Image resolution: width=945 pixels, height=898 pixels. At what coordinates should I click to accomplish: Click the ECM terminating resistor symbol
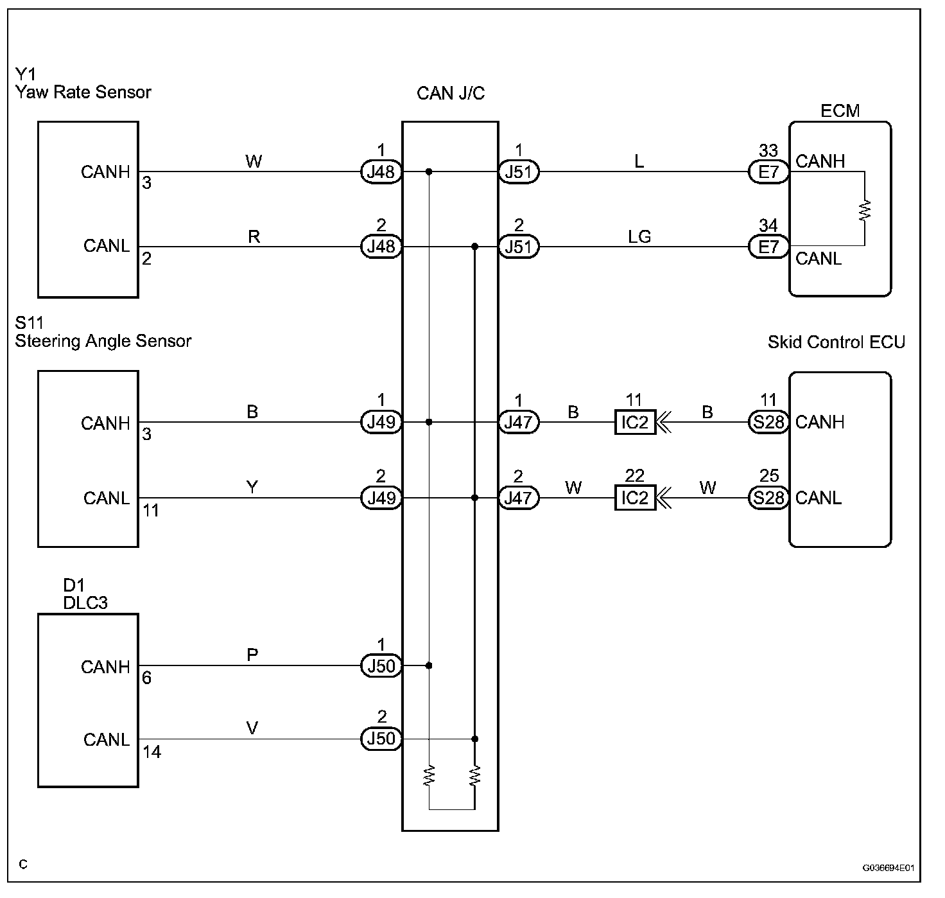864,210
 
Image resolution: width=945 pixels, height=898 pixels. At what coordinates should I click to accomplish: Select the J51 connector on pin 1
519,172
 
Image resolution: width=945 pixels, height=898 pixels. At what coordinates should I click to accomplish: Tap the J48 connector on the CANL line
381,247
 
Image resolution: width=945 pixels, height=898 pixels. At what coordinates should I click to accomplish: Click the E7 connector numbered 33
768,172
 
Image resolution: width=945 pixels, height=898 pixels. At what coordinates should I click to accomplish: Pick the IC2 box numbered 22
635,498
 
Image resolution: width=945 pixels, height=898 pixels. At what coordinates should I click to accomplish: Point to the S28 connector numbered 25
768,498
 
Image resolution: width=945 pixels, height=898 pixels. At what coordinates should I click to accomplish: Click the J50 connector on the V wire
381,739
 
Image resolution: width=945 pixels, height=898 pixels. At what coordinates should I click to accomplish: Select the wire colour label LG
639,236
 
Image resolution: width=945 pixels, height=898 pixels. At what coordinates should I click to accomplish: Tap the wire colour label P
252,655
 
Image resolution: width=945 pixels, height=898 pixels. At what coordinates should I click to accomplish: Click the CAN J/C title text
451,93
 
